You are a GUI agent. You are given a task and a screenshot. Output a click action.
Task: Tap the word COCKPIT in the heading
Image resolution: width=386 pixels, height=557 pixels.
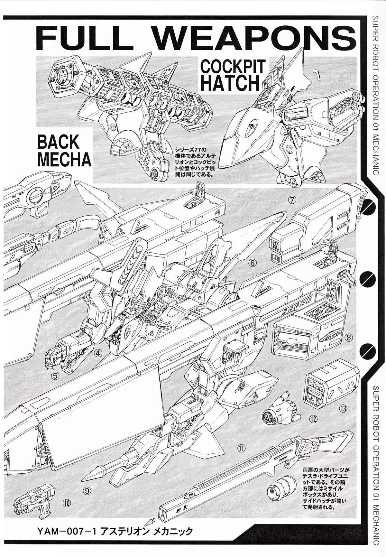tap(233, 67)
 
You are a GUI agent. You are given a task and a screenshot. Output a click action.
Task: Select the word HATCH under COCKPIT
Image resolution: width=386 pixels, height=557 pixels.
tap(232, 83)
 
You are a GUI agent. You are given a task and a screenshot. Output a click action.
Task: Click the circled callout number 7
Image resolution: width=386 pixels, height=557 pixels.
tap(291, 200)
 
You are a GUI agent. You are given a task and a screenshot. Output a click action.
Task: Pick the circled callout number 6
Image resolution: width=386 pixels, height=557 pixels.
tap(253, 263)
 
